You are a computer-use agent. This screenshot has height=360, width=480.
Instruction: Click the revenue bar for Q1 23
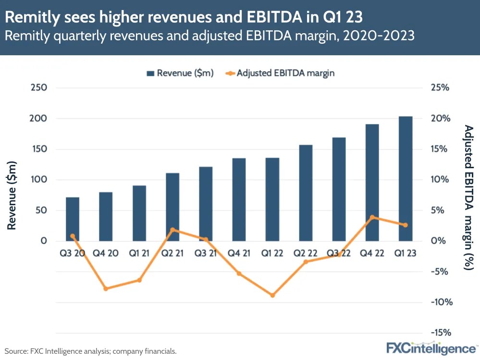[406, 179]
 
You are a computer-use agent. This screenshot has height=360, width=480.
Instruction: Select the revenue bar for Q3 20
[73, 219]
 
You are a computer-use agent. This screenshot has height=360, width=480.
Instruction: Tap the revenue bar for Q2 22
[306, 193]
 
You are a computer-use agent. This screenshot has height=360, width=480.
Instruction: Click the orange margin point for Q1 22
[272, 295]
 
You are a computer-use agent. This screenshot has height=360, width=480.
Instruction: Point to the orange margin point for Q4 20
[106, 288]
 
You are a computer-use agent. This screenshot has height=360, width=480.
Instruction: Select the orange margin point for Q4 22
[372, 217]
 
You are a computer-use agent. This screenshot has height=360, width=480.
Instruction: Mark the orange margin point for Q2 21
[172, 230]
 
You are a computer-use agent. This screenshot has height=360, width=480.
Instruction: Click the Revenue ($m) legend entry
[180, 73]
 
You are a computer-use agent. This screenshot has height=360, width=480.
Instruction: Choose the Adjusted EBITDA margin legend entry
[279, 73]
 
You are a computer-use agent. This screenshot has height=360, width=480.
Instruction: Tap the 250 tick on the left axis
[38, 88]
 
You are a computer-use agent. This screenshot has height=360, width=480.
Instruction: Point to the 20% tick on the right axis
[439, 119]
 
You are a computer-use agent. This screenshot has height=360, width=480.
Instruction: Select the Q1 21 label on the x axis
[139, 253]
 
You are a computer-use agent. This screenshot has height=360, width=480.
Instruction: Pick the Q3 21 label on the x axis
[206, 253]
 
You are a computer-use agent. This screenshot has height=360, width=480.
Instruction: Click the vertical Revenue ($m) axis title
[12, 196]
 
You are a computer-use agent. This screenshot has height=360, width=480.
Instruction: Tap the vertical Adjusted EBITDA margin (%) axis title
[468, 197]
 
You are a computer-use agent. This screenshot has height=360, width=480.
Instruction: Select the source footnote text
[91, 351]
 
